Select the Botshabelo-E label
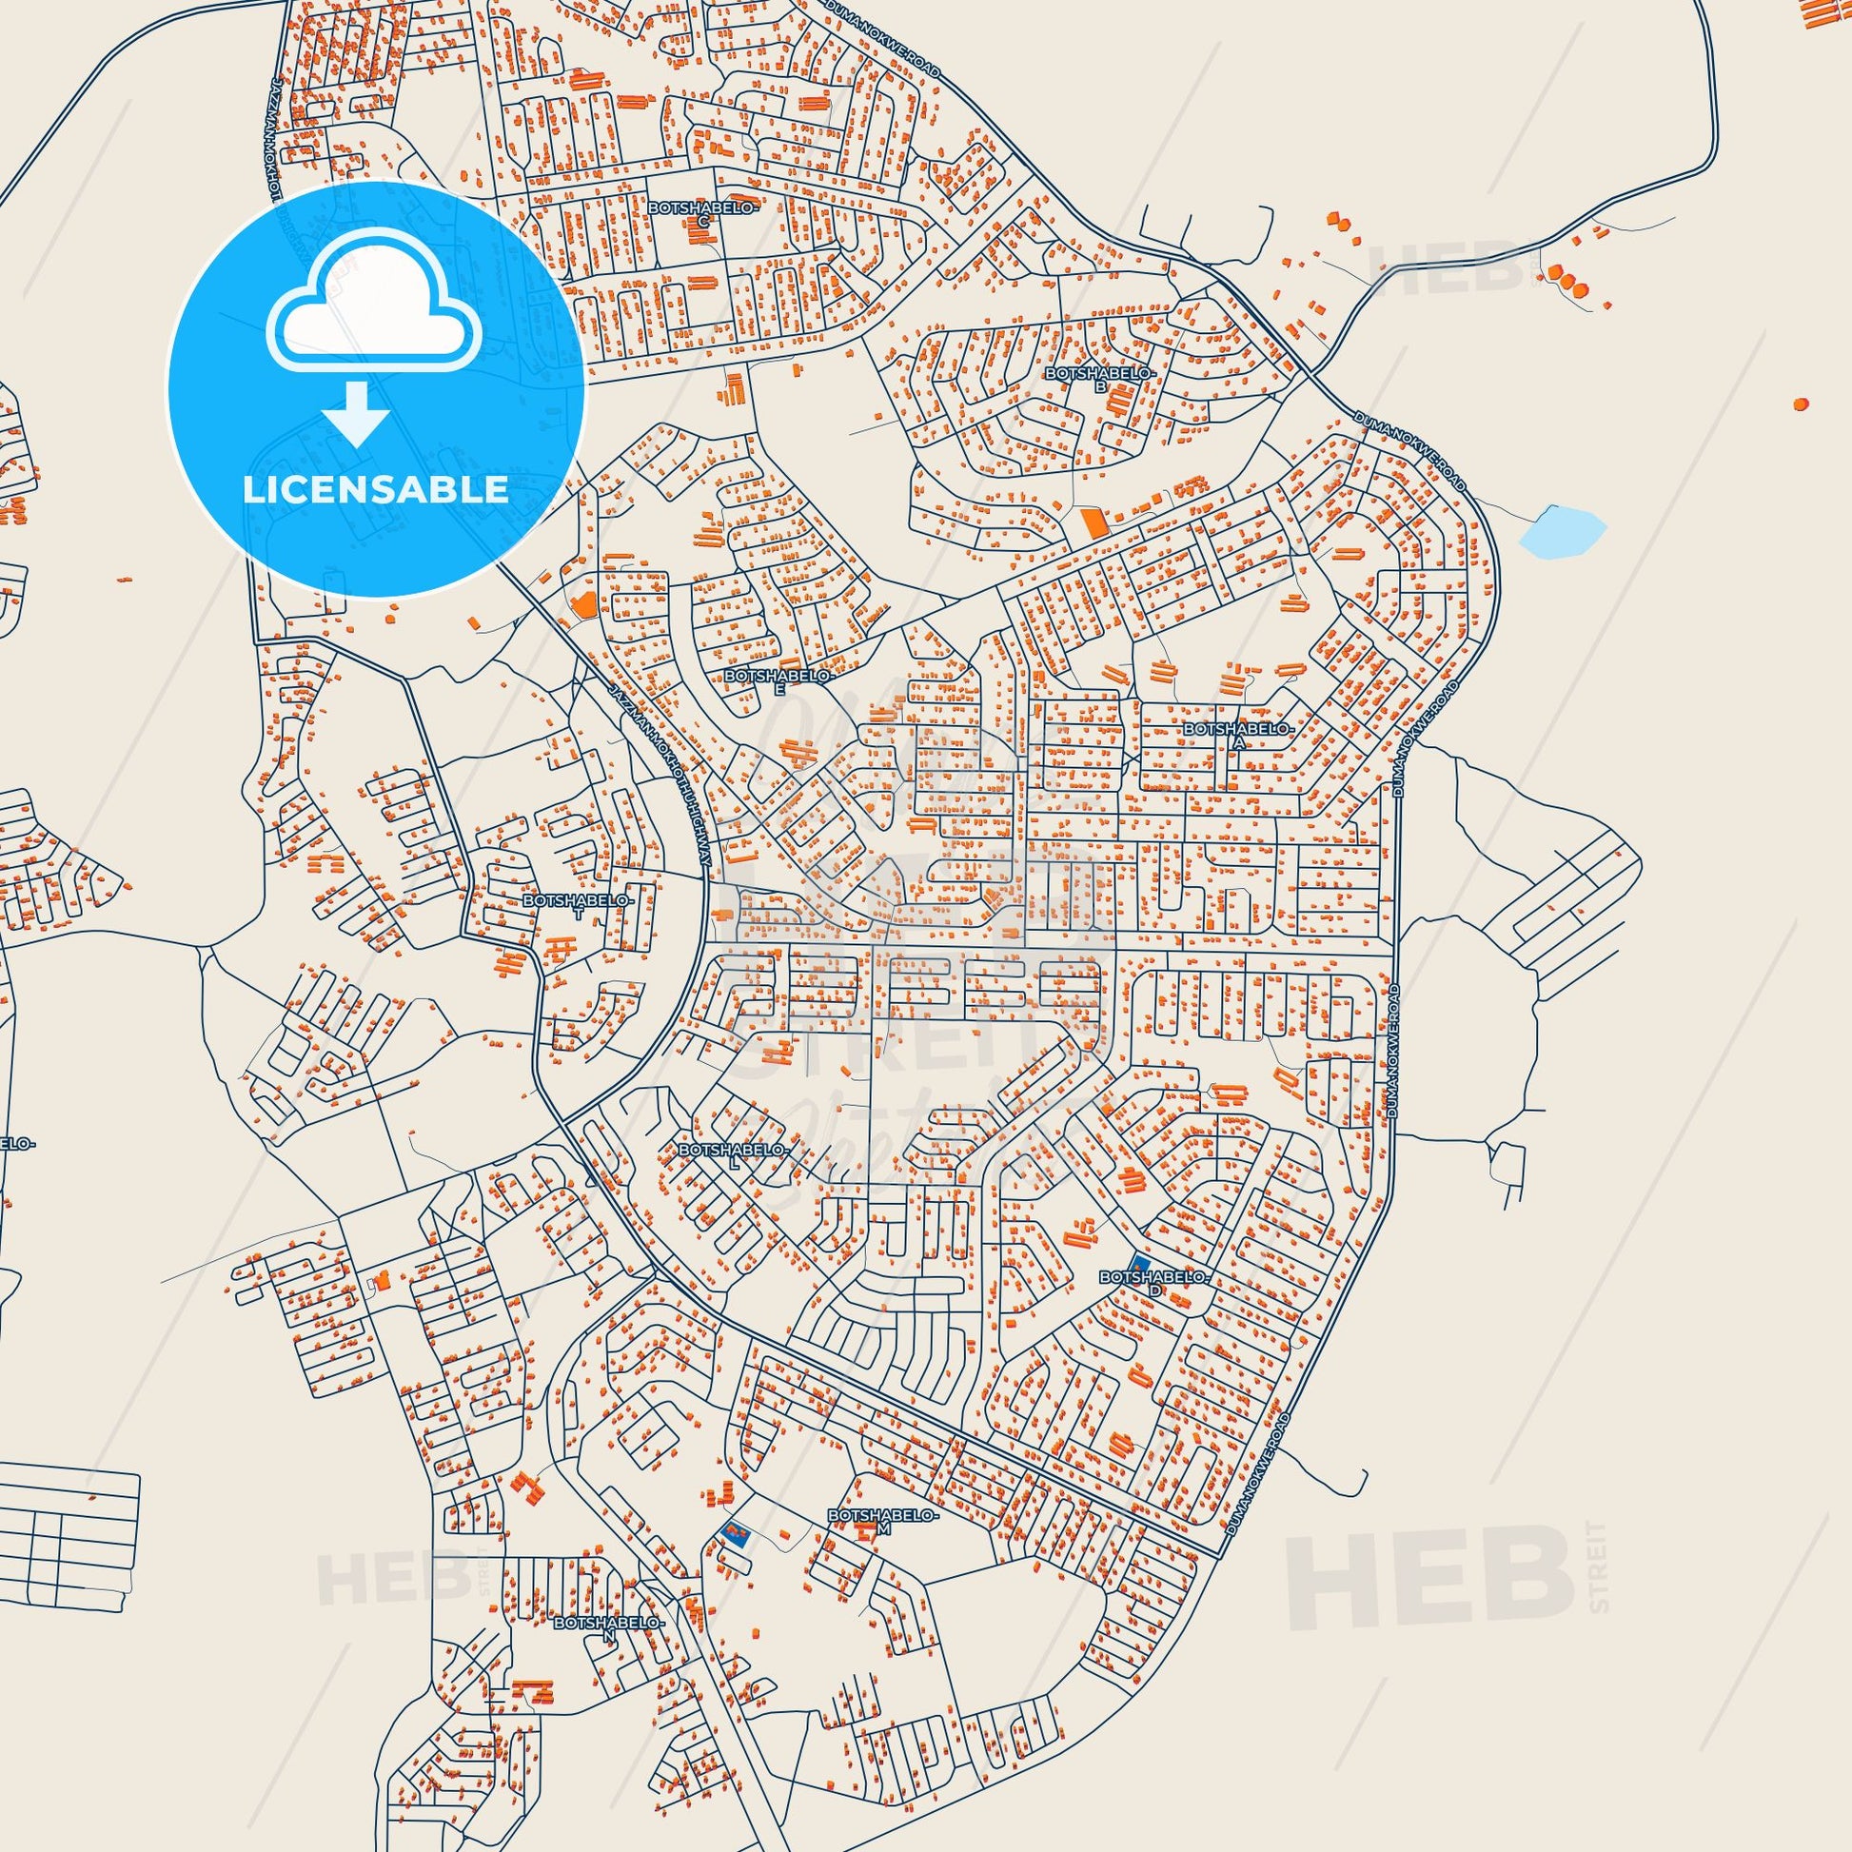(x=779, y=680)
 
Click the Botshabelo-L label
(x=734, y=1153)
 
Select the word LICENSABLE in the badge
(x=376, y=489)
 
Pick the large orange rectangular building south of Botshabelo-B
(x=1093, y=523)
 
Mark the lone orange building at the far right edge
(x=1802, y=404)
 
